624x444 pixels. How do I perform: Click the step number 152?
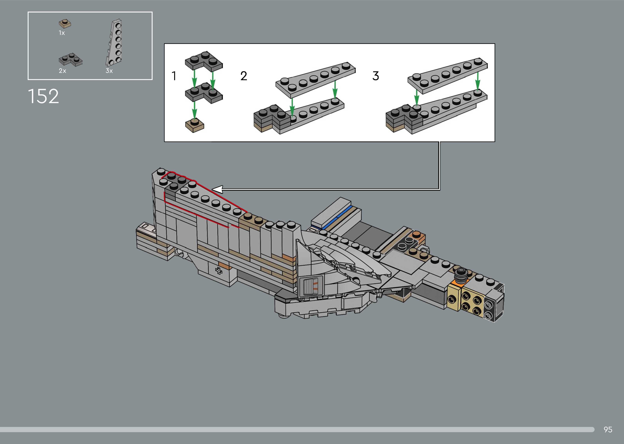coord(43,96)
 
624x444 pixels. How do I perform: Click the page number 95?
coord(608,430)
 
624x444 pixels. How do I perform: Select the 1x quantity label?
coord(62,33)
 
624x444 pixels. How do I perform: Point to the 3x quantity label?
coord(109,71)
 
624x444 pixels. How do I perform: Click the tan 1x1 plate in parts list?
coord(65,24)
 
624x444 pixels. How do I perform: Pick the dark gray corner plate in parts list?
coord(70,60)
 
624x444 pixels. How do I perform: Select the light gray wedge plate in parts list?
coord(114,43)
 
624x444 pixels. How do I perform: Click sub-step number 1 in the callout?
coord(174,76)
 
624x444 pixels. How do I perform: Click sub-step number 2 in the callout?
coord(244,76)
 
